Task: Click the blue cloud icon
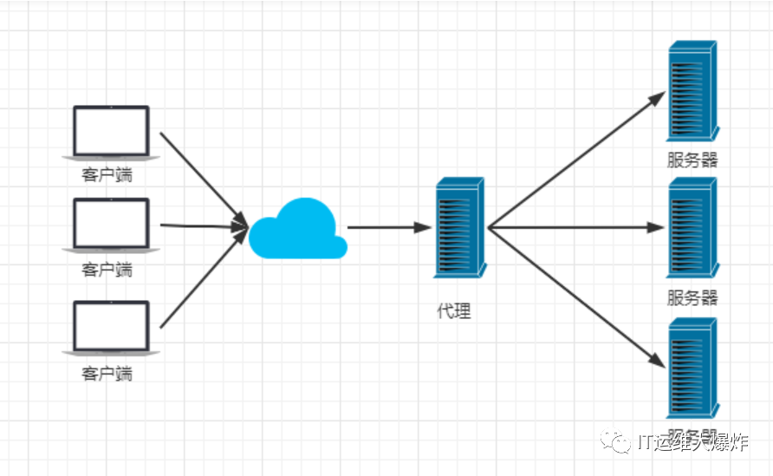point(297,230)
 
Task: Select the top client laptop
point(111,132)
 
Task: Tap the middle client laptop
point(111,225)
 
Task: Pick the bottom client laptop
point(111,329)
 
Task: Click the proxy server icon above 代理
point(459,227)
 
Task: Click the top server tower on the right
point(693,92)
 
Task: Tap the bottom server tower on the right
point(693,368)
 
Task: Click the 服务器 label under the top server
point(692,160)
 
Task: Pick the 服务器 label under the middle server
point(692,298)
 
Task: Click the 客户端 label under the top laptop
point(107,175)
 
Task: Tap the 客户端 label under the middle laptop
point(107,270)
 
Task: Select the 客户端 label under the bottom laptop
point(107,374)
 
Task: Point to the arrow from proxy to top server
point(575,160)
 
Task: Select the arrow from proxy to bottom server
point(575,295)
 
